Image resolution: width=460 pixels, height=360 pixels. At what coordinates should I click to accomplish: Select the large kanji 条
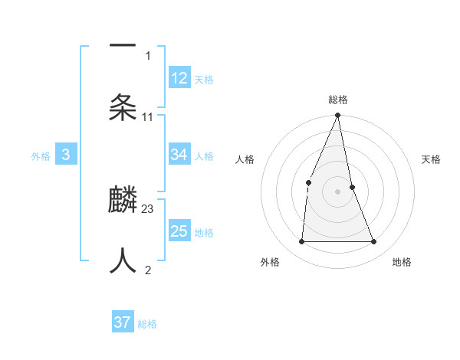(x=123, y=106)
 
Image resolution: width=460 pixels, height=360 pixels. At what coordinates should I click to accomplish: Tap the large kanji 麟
(x=123, y=201)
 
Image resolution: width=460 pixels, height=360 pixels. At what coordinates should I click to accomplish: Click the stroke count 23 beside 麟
(x=148, y=208)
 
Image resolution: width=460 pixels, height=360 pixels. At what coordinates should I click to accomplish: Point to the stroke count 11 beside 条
(x=148, y=116)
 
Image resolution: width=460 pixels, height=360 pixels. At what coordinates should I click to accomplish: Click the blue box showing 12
(x=179, y=78)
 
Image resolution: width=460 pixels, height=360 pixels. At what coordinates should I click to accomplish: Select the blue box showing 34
(x=179, y=155)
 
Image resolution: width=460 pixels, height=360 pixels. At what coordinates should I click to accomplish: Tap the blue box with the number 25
(x=179, y=231)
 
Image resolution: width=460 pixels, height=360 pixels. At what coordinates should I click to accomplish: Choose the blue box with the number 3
(x=66, y=155)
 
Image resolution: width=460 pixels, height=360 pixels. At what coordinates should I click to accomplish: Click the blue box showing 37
(x=123, y=322)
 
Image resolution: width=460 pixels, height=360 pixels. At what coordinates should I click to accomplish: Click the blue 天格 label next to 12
(x=204, y=80)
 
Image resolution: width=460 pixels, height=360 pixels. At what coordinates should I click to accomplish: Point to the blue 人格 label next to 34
(x=204, y=156)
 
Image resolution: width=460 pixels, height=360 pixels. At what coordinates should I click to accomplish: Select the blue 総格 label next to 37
(x=147, y=324)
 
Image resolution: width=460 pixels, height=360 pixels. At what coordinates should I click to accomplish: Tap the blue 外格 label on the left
(x=41, y=156)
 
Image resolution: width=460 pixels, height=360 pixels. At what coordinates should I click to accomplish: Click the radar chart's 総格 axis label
(x=338, y=100)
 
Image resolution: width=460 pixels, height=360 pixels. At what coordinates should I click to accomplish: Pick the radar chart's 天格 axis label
(x=432, y=159)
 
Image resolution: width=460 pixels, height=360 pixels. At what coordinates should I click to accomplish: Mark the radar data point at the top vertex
(x=338, y=116)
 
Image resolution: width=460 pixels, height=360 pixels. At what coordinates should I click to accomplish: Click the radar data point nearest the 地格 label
(x=374, y=241)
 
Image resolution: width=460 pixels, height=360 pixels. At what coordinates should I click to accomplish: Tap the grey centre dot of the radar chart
(x=338, y=191)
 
